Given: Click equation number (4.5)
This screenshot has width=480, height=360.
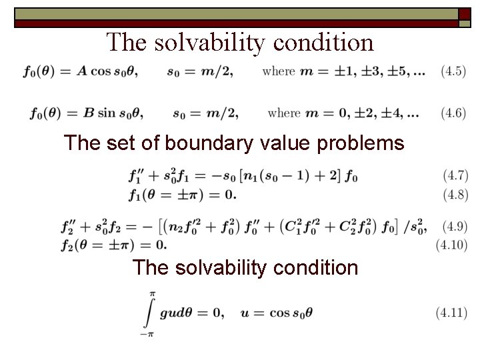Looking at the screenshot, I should (x=453, y=70).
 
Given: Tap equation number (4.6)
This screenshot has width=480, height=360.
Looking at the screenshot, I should (x=453, y=113).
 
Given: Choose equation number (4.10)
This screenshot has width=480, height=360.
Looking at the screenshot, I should (x=451, y=245).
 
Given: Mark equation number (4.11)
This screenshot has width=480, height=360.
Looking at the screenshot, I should (x=451, y=312).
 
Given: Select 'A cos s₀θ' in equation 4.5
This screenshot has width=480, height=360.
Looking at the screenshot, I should (x=107, y=71).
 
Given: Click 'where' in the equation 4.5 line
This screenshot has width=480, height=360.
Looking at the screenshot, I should (x=279, y=71).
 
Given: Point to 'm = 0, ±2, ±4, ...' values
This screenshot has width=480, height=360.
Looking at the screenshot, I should (x=363, y=113).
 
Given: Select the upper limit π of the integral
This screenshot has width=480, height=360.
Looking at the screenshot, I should (x=152, y=293).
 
